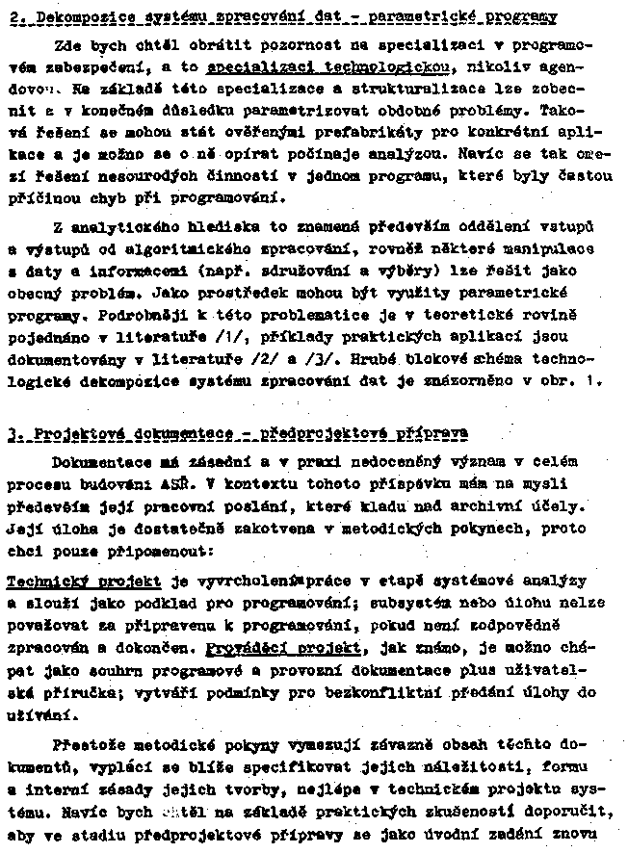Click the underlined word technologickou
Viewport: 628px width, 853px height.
click(x=383, y=69)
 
